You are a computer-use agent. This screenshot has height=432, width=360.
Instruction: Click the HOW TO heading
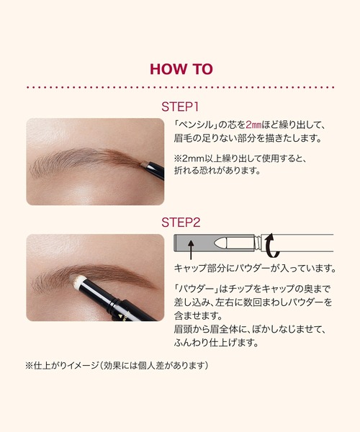[181, 69]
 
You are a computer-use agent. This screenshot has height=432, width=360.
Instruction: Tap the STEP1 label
[180, 107]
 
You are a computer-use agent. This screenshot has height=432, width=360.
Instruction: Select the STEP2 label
[181, 222]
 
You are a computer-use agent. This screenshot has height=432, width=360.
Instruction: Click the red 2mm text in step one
[253, 125]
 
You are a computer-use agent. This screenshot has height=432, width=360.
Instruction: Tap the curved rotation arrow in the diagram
[271, 246]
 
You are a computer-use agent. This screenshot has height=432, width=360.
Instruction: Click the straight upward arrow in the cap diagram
[191, 250]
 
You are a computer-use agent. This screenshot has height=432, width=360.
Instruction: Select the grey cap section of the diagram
[194, 243]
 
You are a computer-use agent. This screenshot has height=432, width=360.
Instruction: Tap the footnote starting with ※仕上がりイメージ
[117, 366]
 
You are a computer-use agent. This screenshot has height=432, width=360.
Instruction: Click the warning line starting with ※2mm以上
[240, 158]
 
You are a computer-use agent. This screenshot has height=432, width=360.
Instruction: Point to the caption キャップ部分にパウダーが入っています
[255, 268]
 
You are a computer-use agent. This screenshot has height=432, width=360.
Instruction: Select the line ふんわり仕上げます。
[216, 343]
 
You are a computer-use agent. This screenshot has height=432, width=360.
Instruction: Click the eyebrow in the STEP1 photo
[86, 161]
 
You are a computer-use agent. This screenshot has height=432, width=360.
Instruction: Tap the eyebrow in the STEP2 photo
[94, 277]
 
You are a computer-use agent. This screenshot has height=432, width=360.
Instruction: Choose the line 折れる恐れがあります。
[217, 171]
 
